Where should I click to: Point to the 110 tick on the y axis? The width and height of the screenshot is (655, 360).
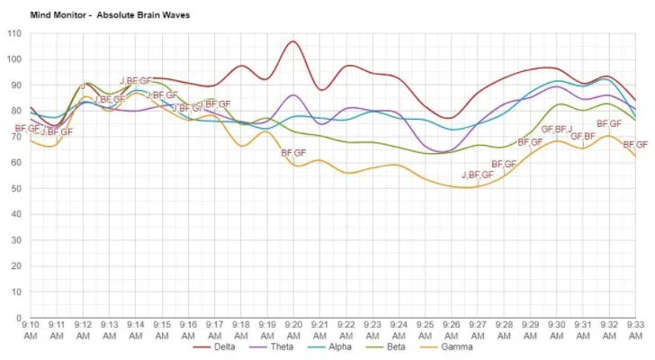(13, 34)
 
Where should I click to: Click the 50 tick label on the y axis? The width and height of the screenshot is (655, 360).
(16, 189)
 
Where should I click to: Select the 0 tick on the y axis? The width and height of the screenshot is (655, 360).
(19, 318)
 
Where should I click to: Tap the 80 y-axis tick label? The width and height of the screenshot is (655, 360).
(16, 112)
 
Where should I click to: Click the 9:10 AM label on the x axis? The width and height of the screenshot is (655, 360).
(31, 328)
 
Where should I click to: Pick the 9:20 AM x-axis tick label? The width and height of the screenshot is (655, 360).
(293, 328)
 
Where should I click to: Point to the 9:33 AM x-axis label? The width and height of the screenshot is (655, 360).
(635, 328)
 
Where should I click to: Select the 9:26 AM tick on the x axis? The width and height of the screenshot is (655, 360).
(452, 328)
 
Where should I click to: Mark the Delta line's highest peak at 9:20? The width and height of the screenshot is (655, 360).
(292, 41)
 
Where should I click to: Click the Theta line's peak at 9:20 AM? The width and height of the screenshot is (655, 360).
(293, 94)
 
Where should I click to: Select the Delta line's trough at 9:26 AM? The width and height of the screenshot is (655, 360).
(450, 118)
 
